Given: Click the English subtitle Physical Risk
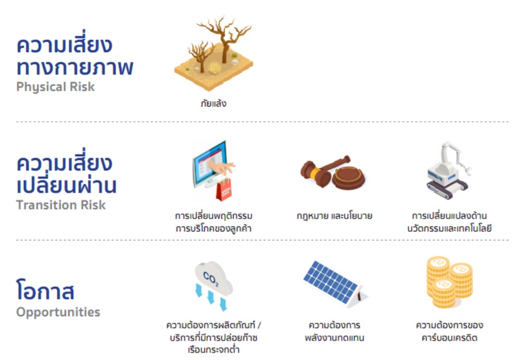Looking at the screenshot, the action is pyautogui.click(x=55, y=87).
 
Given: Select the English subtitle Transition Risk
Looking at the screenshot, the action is pyautogui.click(x=61, y=205).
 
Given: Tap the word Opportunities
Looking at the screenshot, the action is pyautogui.click(x=58, y=312).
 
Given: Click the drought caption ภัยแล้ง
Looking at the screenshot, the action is pyautogui.click(x=213, y=103).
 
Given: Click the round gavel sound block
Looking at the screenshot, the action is pyautogui.click(x=348, y=177).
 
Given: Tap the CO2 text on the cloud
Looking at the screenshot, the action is pyautogui.click(x=211, y=279).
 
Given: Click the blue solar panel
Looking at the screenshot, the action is pyautogui.click(x=331, y=282).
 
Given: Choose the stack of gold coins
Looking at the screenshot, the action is pyautogui.click(x=449, y=282).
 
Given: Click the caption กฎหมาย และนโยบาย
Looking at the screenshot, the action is pyautogui.click(x=335, y=216).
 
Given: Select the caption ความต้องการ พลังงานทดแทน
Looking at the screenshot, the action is pyautogui.click(x=335, y=331).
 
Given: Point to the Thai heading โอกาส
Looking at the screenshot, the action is pyautogui.click(x=45, y=290).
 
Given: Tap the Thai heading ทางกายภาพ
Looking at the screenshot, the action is pyautogui.click(x=75, y=67).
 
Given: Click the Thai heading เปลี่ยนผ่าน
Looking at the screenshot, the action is pyautogui.click(x=66, y=184).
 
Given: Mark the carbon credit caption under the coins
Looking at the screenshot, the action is pyautogui.click(x=449, y=331).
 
